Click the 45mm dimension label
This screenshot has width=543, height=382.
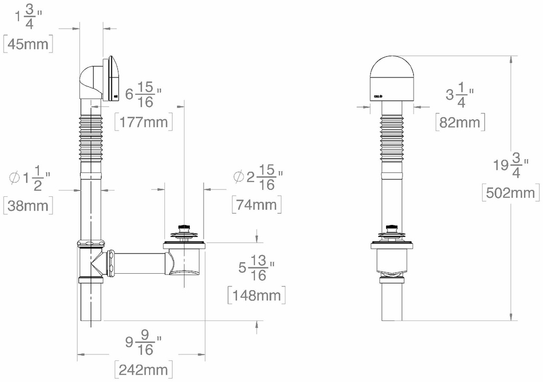(x=28, y=44)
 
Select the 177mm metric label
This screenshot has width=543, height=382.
(x=143, y=121)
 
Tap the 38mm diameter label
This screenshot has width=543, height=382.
(x=28, y=205)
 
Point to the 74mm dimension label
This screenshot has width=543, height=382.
(x=257, y=204)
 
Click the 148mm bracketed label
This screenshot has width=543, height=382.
(x=257, y=296)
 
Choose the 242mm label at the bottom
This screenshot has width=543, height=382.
(x=143, y=370)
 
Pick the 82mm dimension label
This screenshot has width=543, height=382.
(x=460, y=122)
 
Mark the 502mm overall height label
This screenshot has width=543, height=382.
(x=511, y=193)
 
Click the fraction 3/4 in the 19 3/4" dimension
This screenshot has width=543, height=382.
(x=516, y=166)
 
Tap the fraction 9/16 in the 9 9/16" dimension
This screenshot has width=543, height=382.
(x=145, y=342)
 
